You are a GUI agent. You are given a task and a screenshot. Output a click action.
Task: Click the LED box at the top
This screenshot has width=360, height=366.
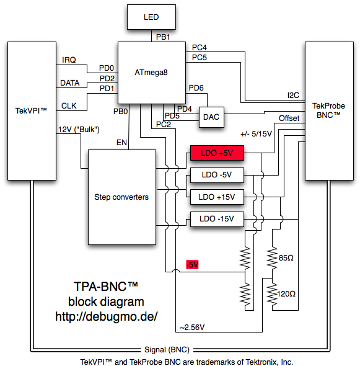pos(151,17)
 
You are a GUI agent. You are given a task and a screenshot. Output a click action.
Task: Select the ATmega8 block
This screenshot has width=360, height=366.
pos(152,73)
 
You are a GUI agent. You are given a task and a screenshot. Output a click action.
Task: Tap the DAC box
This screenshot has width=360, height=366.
pos(211,117)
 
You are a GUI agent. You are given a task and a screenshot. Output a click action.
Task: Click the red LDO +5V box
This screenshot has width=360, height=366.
pos(217,153)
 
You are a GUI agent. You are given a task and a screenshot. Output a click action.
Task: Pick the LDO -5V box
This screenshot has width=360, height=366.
pos(217,175)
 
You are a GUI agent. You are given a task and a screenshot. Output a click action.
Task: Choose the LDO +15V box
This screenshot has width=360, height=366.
pos(217,197)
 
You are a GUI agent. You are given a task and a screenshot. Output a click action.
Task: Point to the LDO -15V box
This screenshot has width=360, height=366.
pos(217,219)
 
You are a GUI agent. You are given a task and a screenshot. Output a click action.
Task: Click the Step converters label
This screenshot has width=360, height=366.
pos(121,197)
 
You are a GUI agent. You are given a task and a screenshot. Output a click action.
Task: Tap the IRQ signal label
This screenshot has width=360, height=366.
pos(69,60)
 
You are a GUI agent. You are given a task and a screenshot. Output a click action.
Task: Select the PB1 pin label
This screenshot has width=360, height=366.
pos(163,37)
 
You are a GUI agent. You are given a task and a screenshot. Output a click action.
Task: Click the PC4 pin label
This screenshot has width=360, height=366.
pos(200,48)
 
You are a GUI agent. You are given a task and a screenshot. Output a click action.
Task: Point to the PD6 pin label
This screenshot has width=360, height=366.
pos(196,88)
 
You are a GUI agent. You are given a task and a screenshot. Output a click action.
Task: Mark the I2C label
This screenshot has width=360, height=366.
pos(293,96)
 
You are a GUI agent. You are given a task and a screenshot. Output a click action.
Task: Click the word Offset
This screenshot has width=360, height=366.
pos(289,118)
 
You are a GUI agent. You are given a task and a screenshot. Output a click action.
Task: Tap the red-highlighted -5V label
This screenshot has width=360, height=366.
pos(192,264)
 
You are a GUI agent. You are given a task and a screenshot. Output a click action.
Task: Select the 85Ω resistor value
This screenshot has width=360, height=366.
pos(286,258)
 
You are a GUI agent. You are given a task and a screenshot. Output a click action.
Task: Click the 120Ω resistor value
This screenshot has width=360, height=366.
pos(286,294)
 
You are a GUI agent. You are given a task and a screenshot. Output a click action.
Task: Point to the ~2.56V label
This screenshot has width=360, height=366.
pos(192,328)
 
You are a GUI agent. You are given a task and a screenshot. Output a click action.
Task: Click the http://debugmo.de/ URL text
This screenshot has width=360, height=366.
pos(107,317)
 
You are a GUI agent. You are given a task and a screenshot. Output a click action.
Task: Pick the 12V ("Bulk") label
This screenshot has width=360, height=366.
pos(79,130)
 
